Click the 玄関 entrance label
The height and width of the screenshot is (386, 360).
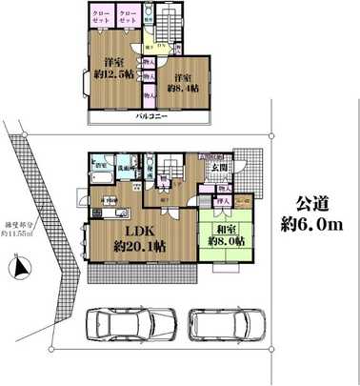pyautogui.click(x=218, y=171)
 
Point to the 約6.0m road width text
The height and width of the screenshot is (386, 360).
pyautogui.click(x=310, y=224)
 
